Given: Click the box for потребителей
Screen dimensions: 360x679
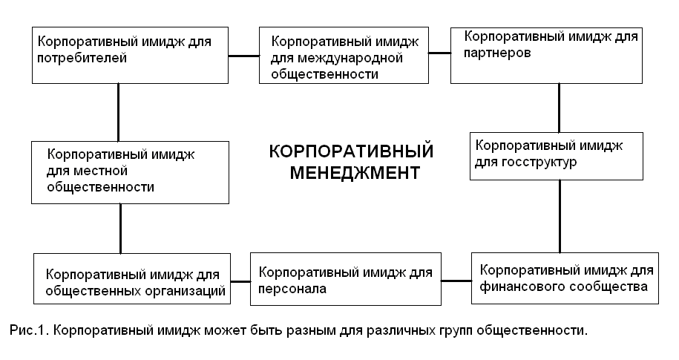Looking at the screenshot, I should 131,55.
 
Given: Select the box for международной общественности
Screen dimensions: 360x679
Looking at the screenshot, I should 344,56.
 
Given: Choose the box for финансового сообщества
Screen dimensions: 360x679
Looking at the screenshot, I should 564,278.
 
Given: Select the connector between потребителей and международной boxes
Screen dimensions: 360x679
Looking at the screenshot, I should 243,56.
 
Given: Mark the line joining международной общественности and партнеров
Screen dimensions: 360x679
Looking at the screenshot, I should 440,53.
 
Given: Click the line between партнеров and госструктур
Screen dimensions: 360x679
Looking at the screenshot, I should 559,107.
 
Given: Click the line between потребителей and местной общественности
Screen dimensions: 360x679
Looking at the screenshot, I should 118,111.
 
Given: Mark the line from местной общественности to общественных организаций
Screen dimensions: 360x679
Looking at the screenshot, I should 120,229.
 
